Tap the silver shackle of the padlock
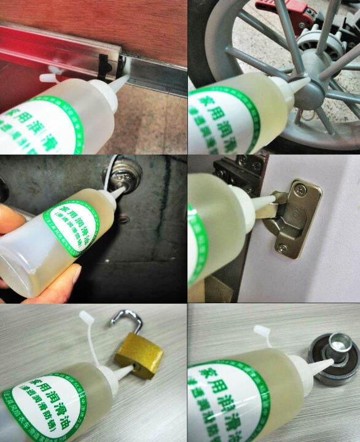click(x=128, y=321)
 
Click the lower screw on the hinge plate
click(x=282, y=249)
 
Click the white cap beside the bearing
click(x=264, y=335)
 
